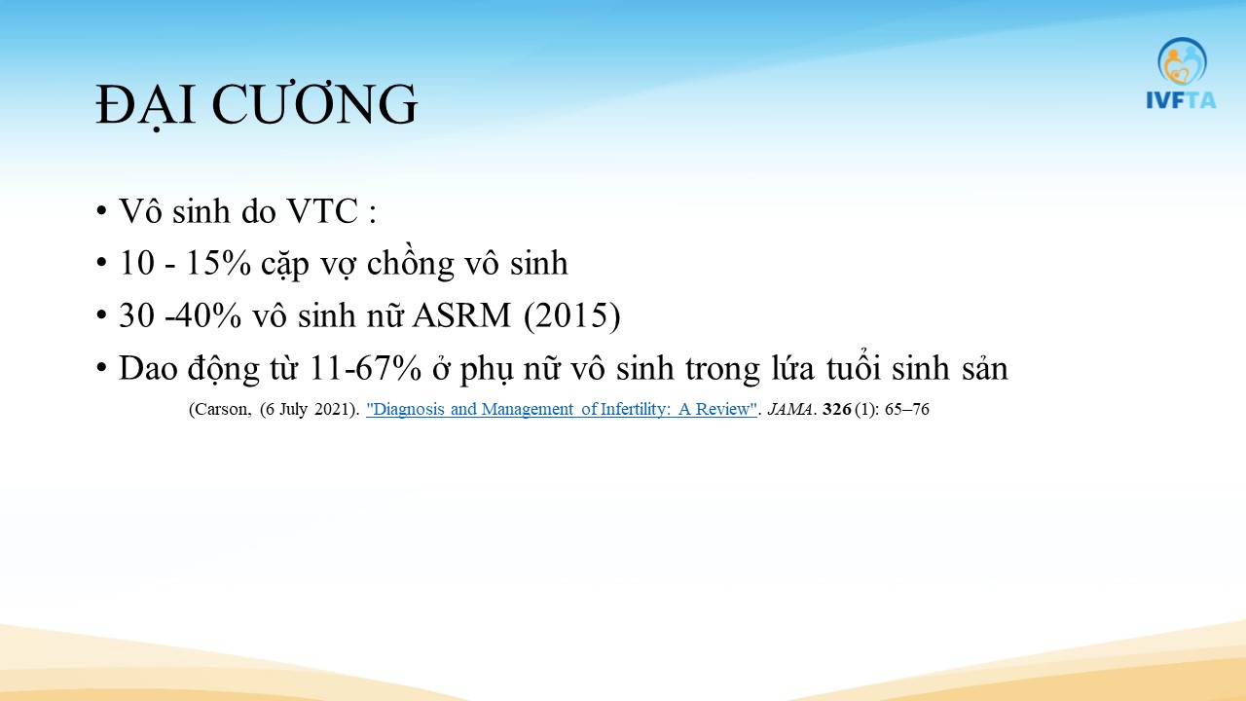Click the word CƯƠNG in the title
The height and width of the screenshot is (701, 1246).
(314, 104)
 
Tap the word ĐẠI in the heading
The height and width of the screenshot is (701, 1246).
(145, 106)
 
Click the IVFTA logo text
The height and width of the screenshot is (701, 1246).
(1181, 100)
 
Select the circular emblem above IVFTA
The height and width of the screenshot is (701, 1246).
(1182, 61)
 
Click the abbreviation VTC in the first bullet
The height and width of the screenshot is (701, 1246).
(322, 211)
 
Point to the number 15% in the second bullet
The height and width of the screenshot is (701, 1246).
(218, 263)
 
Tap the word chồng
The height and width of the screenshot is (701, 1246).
(411, 264)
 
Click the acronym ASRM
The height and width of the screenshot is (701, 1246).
(461, 315)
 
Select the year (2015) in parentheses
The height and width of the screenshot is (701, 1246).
(571, 316)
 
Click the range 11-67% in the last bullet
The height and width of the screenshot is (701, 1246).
(365, 368)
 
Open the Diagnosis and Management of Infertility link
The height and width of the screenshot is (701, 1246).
(562, 410)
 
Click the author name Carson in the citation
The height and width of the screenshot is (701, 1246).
(220, 410)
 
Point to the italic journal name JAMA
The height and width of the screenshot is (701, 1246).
(789, 410)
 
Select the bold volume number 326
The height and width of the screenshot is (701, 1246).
(836, 410)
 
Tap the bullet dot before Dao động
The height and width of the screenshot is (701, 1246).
(101, 368)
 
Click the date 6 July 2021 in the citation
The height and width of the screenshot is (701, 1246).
(307, 410)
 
